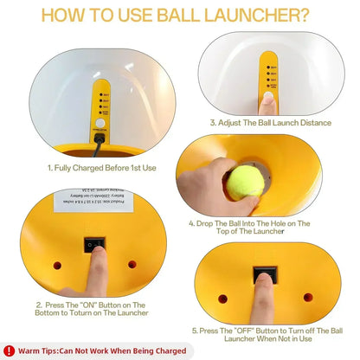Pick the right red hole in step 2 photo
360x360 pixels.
(132, 263)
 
